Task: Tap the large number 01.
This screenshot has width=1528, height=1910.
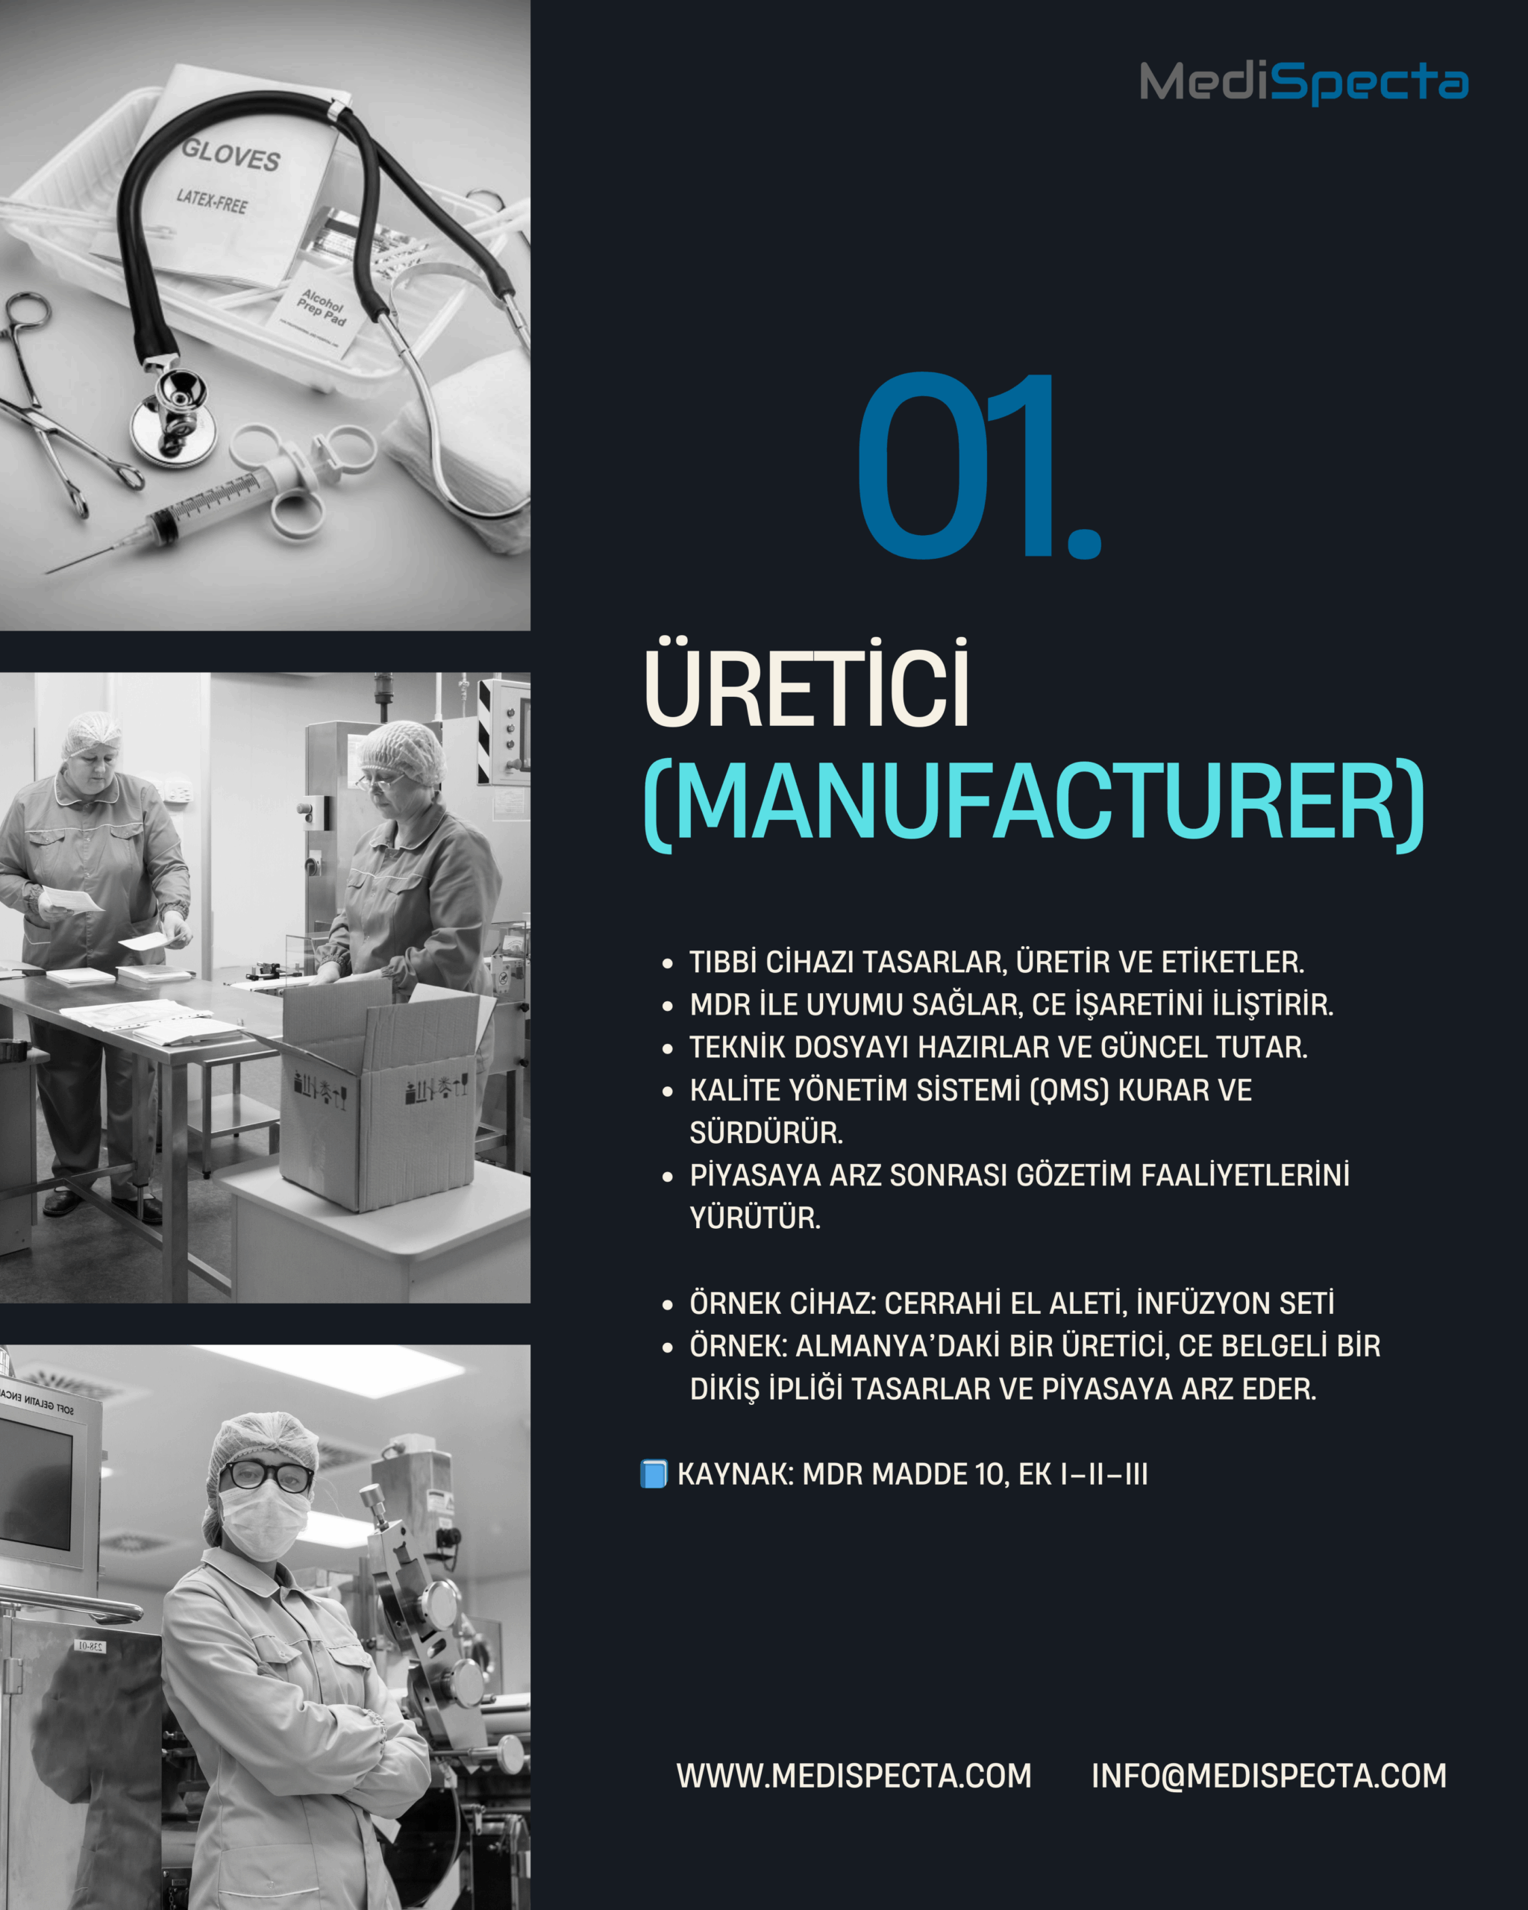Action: (x=979, y=467)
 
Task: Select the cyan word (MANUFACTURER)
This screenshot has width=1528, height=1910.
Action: (x=1034, y=804)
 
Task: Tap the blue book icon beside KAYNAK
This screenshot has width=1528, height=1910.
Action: (x=654, y=1474)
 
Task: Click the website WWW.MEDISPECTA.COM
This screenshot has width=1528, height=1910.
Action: (x=854, y=1776)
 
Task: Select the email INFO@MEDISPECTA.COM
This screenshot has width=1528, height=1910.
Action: (x=1268, y=1776)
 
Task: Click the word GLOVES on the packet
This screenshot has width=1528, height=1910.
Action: (x=231, y=155)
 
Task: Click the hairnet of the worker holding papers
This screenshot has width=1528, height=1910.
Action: (x=91, y=733)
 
